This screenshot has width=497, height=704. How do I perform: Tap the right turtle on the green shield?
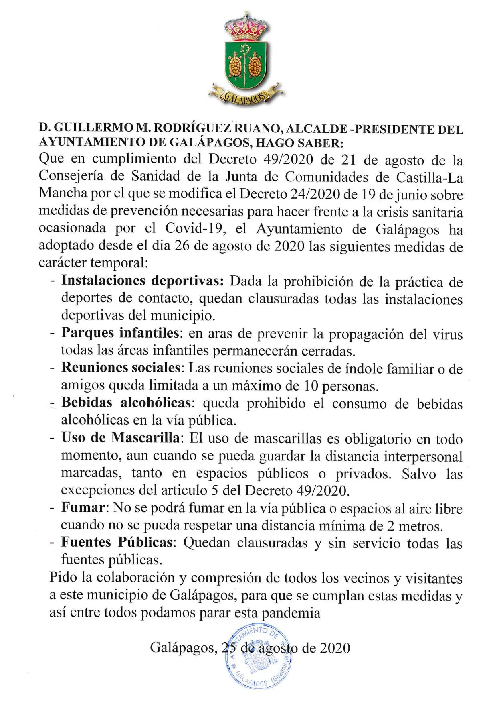255,67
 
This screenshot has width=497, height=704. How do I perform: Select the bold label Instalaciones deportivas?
142,281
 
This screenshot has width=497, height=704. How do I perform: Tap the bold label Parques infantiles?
120,333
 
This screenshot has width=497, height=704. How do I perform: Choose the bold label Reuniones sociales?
121,368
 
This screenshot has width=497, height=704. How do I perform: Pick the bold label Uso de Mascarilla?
121,437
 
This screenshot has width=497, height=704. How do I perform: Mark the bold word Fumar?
83,508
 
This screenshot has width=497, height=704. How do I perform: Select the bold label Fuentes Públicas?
117,542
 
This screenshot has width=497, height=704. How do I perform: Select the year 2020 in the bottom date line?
335,648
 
